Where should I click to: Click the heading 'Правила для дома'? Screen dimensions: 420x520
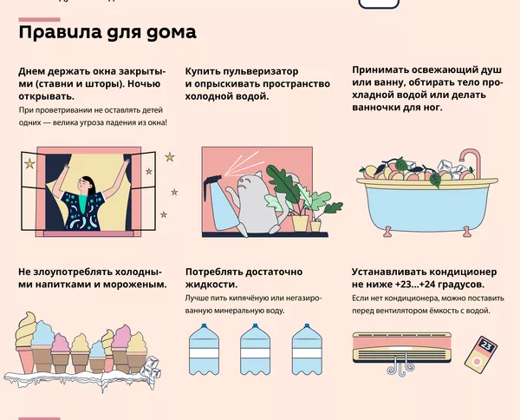click(x=107, y=33)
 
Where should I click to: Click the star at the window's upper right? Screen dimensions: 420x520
click(x=170, y=157)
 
